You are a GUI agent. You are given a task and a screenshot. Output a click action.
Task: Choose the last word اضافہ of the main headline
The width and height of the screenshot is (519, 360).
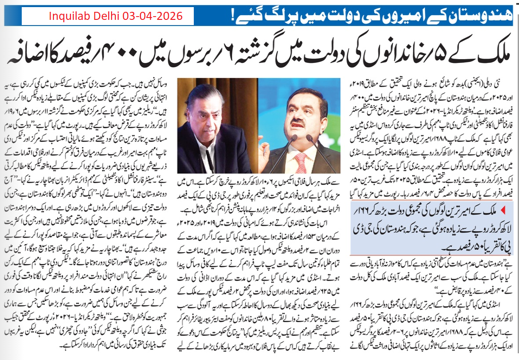coord(35,53)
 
